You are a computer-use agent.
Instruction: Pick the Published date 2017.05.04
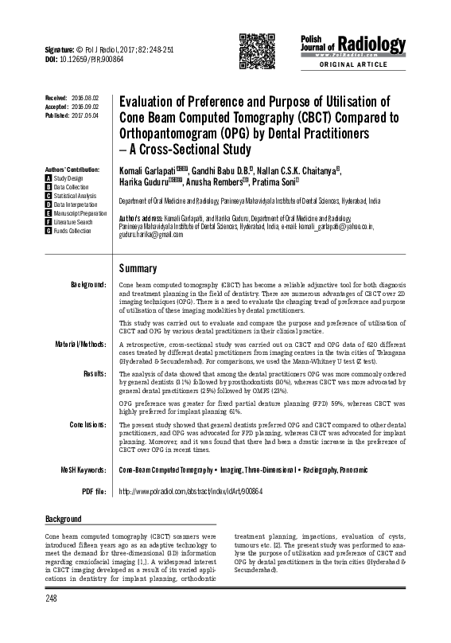pos(84,115)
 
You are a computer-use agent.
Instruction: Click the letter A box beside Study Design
pos(49,179)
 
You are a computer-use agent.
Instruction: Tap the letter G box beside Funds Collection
pos(49,231)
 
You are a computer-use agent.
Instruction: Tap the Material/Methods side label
pos(80,344)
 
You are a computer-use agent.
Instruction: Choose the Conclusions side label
pos(84,423)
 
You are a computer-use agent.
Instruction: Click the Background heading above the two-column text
pos(63,519)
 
